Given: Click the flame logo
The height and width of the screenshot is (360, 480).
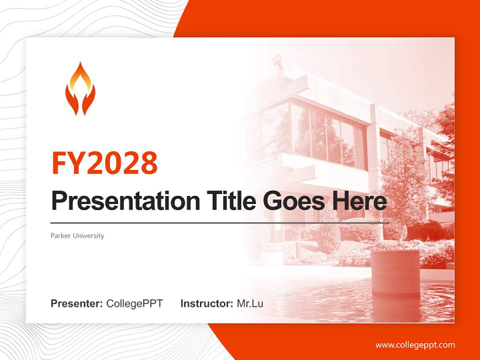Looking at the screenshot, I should pos(80,88).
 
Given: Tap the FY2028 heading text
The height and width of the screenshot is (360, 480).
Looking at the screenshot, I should pos(104,162).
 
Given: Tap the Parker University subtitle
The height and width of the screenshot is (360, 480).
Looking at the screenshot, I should pos(77,235).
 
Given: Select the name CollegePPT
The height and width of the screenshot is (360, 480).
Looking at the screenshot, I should pos(134,303).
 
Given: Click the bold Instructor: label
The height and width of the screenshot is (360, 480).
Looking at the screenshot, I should pos(207,303).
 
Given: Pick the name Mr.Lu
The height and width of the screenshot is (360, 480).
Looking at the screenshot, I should pos(250,303).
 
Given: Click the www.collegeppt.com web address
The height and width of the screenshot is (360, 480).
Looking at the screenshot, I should pos(415,345).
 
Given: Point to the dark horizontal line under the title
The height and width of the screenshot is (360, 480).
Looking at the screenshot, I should pos(220,223).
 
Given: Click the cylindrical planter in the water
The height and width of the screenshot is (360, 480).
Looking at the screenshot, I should pos(394,272).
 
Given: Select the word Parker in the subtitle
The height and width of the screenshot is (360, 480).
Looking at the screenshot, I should pos(60,235).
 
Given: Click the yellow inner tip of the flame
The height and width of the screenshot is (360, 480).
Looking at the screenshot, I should pos(80,80).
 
